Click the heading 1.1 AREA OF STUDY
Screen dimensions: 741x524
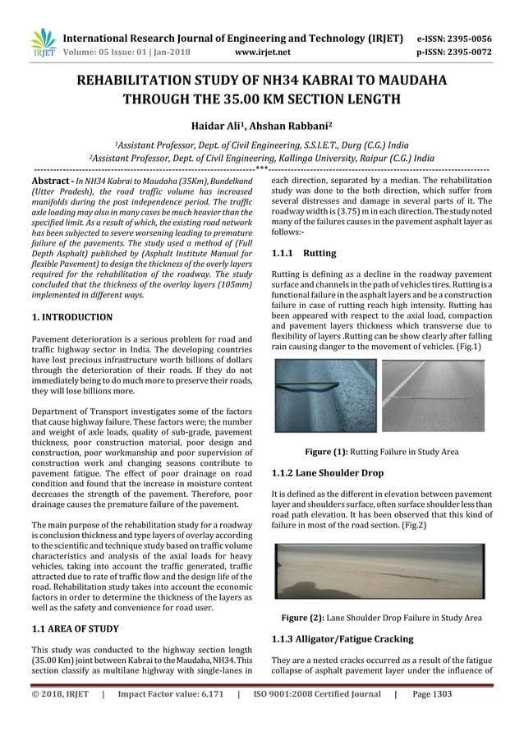tap(75, 628)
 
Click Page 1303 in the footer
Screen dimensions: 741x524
tap(432, 716)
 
